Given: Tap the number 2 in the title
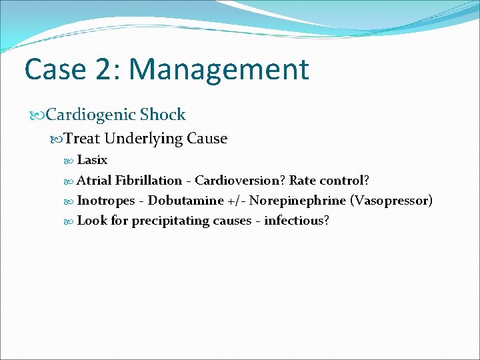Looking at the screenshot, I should [x=113, y=70].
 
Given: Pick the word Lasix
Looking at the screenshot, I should [x=92, y=160].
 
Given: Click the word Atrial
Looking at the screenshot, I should [x=94, y=180].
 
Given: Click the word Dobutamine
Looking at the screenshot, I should [x=185, y=200].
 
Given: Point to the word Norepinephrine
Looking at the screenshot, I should [x=297, y=200].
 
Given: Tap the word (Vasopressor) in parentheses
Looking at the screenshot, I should [x=391, y=200].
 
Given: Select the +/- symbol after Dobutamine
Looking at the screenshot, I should [x=236, y=200].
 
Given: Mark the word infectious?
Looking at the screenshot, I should [x=297, y=220].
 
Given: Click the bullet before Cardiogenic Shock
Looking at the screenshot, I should [x=39, y=115].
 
